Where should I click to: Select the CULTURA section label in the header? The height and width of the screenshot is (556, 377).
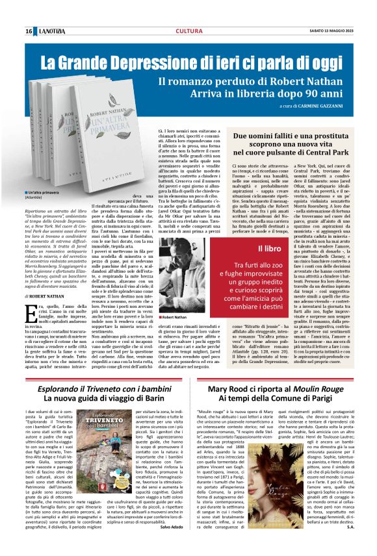click(188, 31)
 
